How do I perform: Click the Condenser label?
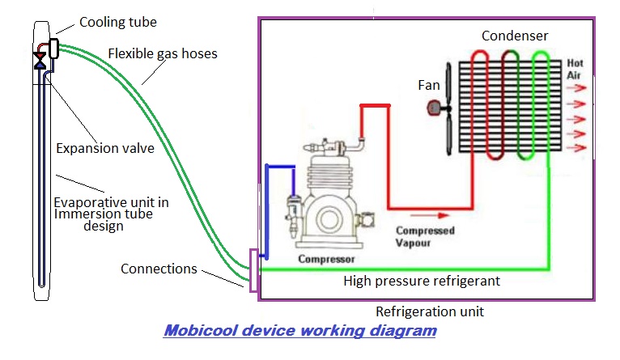(515, 36)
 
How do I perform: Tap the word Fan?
(429, 84)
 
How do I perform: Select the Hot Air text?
(575, 69)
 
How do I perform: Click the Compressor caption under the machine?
(327, 260)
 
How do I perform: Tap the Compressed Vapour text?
(425, 236)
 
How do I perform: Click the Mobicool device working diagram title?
(300, 331)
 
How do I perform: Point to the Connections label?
(158, 268)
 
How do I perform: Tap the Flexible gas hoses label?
(163, 55)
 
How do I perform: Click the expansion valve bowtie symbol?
(40, 60)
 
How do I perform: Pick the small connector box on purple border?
(253, 270)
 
